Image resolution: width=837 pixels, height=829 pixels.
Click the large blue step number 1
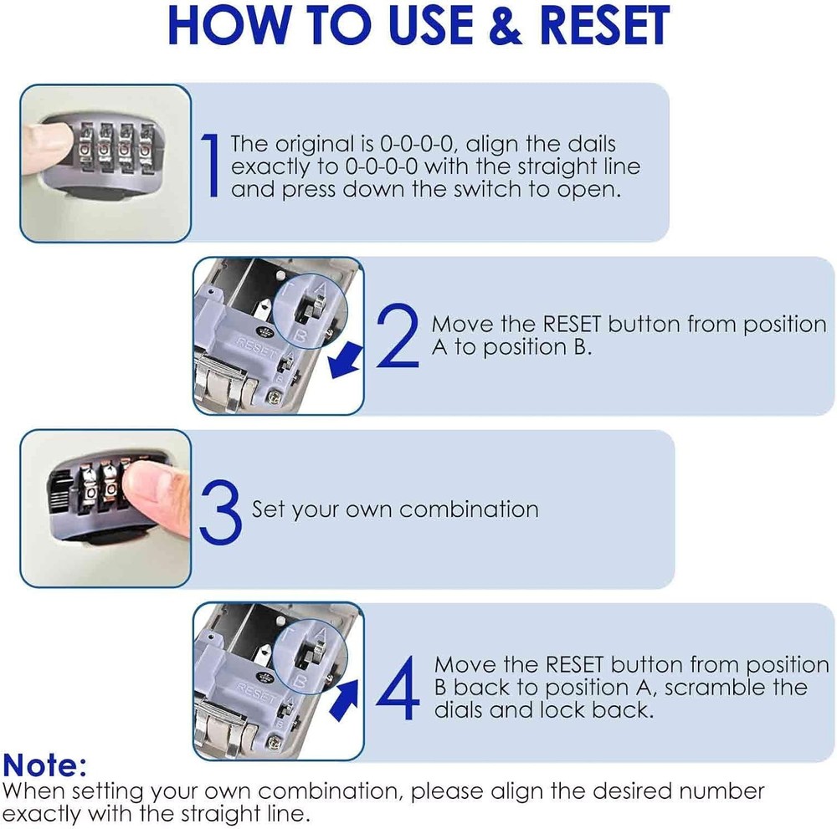[x=213, y=166]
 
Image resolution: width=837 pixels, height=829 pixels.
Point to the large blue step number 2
[x=398, y=336]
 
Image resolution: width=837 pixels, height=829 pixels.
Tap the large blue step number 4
[x=397, y=688]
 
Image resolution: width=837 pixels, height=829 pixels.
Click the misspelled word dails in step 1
[x=588, y=144]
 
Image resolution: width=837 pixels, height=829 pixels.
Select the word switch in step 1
[x=488, y=189]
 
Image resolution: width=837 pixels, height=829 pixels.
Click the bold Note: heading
[x=44, y=765]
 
